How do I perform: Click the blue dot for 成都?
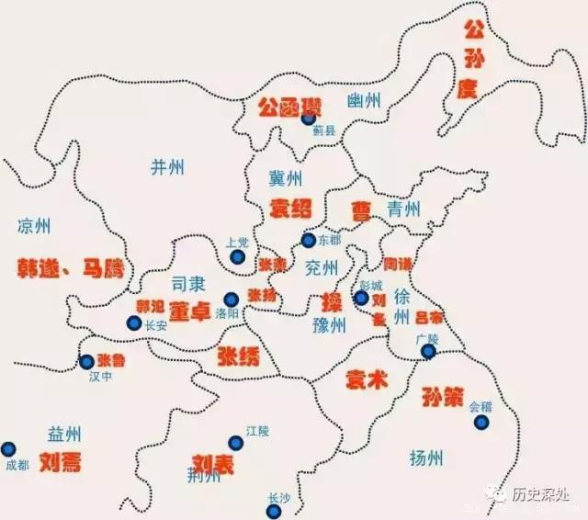click(8, 448)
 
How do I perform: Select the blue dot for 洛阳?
click(232, 299)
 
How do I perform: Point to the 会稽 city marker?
click(482, 422)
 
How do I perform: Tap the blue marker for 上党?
click(237, 257)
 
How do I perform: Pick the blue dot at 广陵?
click(428, 351)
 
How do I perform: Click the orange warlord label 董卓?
click(192, 312)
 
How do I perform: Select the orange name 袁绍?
click(290, 209)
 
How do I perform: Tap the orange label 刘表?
click(212, 463)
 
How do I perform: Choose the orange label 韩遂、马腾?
click(68, 268)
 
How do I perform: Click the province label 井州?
click(167, 166)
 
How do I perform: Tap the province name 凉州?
click(34, 227)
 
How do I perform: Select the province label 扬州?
click(425, 457)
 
